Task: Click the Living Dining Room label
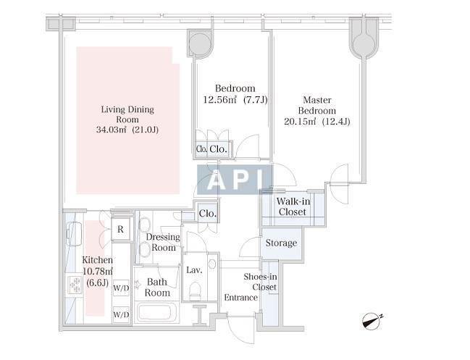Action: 127,120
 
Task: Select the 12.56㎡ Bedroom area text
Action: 235,99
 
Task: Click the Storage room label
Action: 281,243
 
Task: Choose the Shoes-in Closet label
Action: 260,282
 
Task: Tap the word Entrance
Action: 240,298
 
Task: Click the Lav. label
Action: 193,269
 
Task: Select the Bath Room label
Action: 157,287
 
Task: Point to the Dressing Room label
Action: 164,242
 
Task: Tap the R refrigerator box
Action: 120,229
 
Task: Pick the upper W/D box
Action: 121,287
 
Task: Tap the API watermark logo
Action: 235,180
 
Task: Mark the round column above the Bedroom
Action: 201,43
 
